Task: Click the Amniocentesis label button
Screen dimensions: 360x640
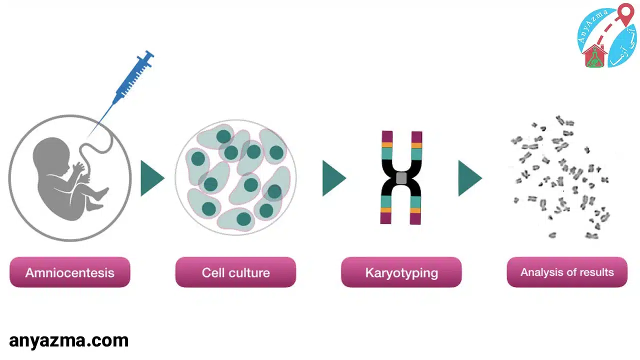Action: click(x=69, y=272)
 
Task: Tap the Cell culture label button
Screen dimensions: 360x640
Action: click(x=235, y=272)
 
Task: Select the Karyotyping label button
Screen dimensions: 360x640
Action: click(x=401, y=272)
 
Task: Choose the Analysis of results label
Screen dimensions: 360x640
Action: click(x=566, y=272)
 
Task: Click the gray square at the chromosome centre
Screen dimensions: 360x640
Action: click(x=401, y=177)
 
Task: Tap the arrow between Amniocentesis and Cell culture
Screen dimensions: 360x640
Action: click(x=151, y=178)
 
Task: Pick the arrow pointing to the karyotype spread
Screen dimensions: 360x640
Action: click(x=468, y=178)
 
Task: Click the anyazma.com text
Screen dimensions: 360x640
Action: click(x=69, y=341)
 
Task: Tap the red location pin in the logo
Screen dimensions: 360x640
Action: click(x=625, y=13)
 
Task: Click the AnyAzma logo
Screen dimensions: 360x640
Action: click(x=606, y=36)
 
